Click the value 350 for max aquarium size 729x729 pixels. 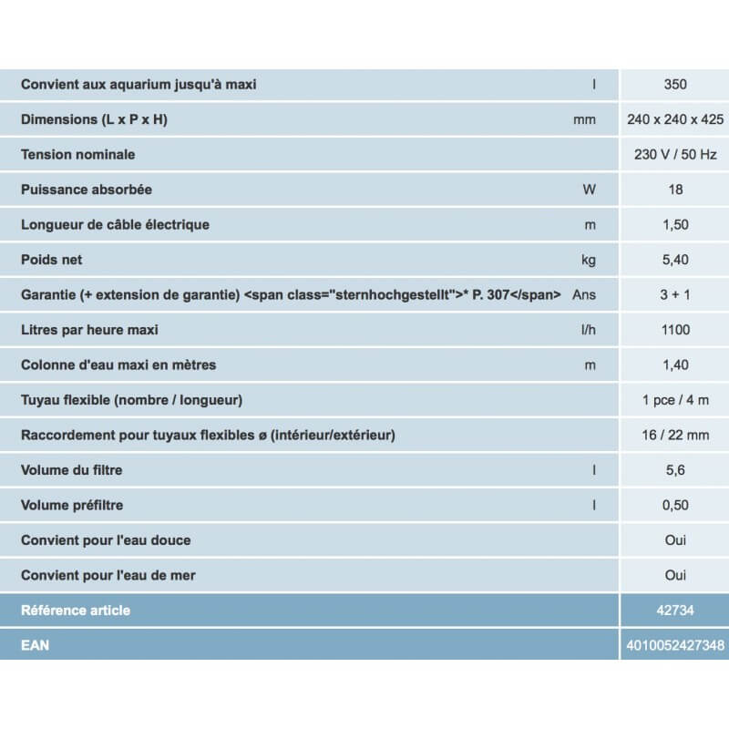pos(675,85)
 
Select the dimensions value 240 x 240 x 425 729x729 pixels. pos(675,119)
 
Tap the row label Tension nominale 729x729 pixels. pos(78,155)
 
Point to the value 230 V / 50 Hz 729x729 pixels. pos(675,155)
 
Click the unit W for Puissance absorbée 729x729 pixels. pos(589,190)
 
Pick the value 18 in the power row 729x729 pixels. pos(675,190)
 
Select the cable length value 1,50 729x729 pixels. pos(675,225)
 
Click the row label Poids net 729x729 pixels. pos(52,260)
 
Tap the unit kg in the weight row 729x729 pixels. pos(589,260)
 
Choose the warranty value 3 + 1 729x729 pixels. pos(675,295)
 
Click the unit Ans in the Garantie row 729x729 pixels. pos(584,295)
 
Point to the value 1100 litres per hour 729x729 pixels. pos(675,330)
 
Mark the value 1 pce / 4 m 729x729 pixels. pos(675,400)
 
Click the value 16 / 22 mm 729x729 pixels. pos(675,435)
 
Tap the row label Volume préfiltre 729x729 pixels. pos(72,505)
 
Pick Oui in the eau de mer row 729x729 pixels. pos(675,575)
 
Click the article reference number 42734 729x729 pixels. pos(675,611)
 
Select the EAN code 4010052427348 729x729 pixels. pos(675,645)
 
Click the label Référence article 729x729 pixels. pos(76,611)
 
